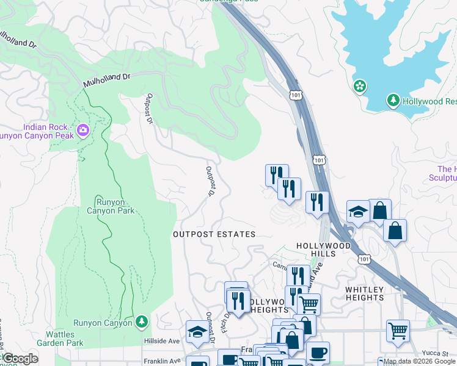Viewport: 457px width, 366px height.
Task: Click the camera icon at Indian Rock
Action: [x=83, y=129]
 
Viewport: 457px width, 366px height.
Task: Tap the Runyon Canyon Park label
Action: [x=115, y=206]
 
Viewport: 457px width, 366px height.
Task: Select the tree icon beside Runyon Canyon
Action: [x=142, y=321]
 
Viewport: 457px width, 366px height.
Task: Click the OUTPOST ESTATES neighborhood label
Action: [x=214, y=234]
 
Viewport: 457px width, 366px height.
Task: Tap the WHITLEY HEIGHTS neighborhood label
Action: [x=365, y=293]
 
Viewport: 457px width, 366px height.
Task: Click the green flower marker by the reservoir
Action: [x=360, y=87]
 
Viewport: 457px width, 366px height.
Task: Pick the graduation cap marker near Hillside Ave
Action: [x=197, y=331]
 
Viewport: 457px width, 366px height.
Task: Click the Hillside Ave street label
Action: [x=162, y=342]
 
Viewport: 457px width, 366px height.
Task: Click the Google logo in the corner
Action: [x=20, y=359]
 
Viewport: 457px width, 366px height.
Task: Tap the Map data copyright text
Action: [x=419, y=362]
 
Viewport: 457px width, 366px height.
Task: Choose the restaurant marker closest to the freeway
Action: [x=316, y=201]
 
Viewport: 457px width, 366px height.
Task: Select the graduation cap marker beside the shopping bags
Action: [x=358, y=211]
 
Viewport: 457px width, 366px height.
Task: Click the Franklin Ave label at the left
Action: [x=162, y=361]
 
